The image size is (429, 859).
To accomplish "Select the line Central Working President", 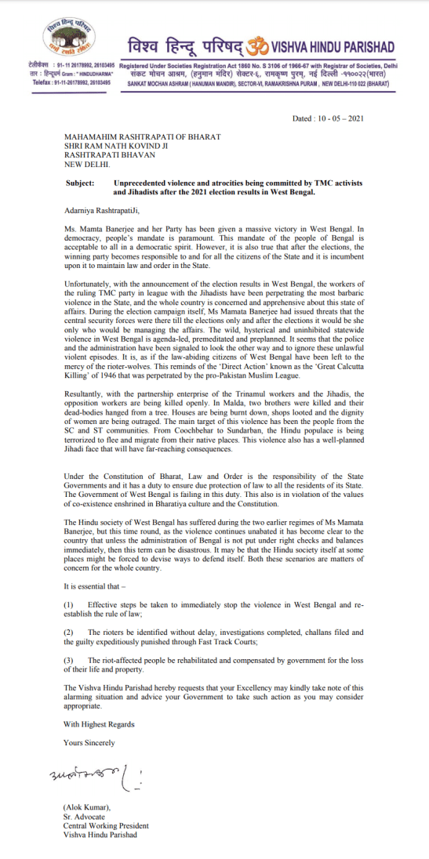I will (x=106, y=825).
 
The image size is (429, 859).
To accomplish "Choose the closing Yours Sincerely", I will (x=89, y=741).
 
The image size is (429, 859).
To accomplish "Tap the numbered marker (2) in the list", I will (x=68, y=653).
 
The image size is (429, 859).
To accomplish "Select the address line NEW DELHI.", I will (x=87, y=165).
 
